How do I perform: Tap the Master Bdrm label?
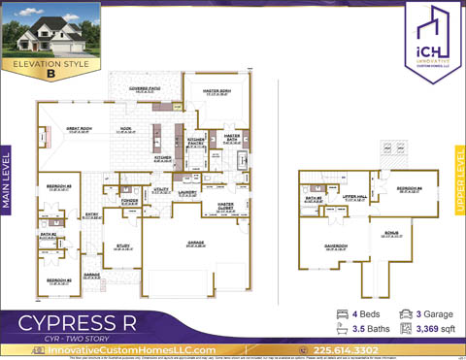point(216,92)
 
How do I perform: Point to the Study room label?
point(122,246)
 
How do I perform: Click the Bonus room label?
point(392,234)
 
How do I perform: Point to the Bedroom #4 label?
point(409,188)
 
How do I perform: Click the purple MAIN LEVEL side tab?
point(8,183)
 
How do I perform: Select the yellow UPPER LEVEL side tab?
point(459,182)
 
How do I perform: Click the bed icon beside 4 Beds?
point(343,314)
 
